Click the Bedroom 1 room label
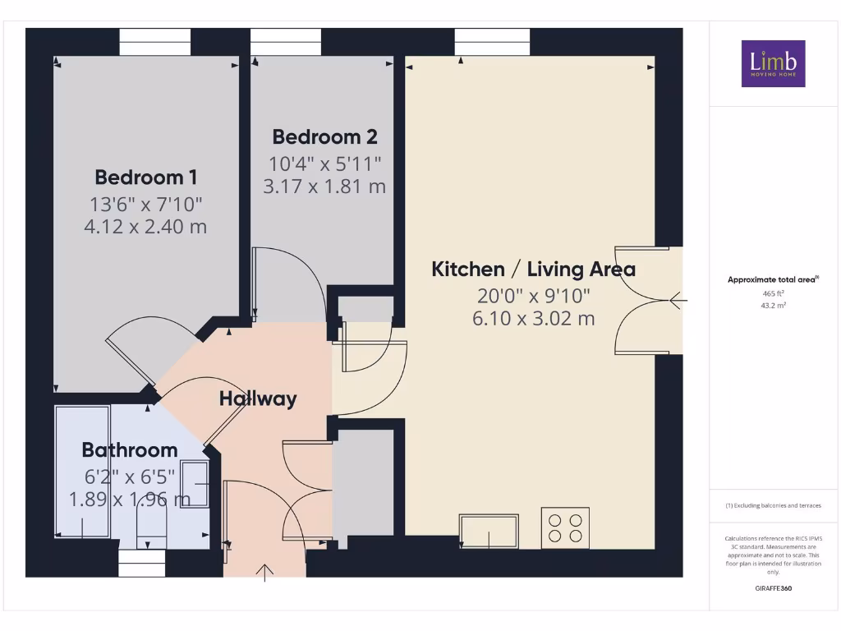click(x=145, y=177)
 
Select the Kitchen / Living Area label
click(x=534, y=269)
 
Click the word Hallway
click(x=258, y=399)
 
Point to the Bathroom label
click(x=130, y=449)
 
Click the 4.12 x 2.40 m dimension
click(x=145, y=226)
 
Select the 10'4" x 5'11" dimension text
click(x=324, y=164)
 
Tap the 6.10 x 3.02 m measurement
click(x=534, y=318)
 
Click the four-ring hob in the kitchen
click(x=565, y=527)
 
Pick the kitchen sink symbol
click(x=489, y=531)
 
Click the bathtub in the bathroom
click(x=82, y=472)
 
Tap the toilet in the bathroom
click(x=150, y=522)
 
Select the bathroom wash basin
click(x=195, y=484)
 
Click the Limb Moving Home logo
click(x=773, y=63)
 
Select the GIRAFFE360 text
click(x=773, y=588)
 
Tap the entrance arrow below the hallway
click(x=265, y=572)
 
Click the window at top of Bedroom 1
click(x=155, y=42)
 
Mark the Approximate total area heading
click(x=772, y=279)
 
